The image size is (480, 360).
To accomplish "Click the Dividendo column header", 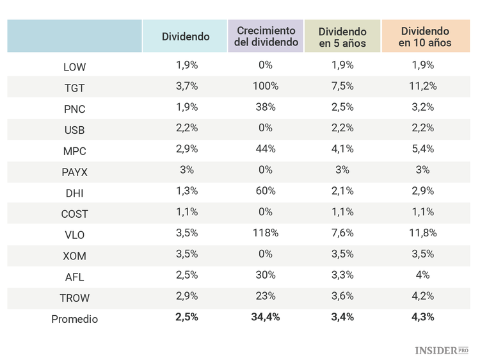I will [x=186, y=37].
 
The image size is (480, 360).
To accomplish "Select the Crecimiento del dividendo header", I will [x=266, y=37].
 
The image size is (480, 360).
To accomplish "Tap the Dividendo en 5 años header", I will [x=342, y=37].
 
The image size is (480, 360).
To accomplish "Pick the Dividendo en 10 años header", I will [x=425, y=37].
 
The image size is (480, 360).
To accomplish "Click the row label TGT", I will [x=74, y=88].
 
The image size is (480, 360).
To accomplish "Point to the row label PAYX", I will [x=74, y=172].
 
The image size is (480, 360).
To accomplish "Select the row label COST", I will [x=74, y=214].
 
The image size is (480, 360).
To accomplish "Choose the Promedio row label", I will [x=74, y=318].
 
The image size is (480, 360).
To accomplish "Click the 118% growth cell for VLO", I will [x=266, y=233].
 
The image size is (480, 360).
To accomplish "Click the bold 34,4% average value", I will [x=266, y=317].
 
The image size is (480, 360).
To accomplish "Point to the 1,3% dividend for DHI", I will [x=186, y=191].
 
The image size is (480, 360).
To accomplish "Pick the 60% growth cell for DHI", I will [x=266, y=191].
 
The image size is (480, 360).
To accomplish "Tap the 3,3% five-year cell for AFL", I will [x=342, y=275].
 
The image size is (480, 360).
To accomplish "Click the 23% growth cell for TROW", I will [x=266, y=296].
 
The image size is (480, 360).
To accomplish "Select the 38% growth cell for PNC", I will [x=266, y=107].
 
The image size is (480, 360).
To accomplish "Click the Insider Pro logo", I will [x=442, y=350].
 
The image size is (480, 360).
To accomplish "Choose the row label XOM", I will [x=74, y=256].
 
